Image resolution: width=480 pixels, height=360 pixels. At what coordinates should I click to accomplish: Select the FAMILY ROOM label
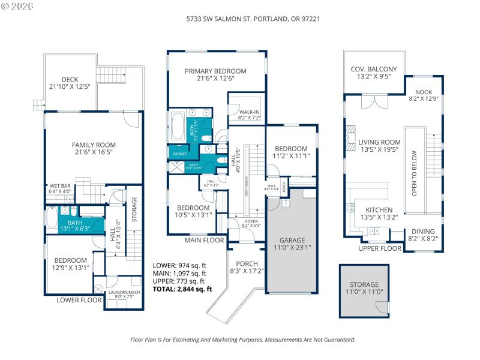[94, 145]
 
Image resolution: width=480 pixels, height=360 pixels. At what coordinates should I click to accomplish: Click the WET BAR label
[60, 186]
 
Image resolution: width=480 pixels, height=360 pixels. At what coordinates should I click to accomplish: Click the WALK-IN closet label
[249, 112]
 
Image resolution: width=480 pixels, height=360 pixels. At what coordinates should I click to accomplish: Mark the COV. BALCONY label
[370, 69]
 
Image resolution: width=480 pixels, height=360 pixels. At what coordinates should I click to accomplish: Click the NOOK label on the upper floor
[424, 92]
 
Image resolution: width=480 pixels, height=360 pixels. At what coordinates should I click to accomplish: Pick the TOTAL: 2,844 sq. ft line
[182, 289]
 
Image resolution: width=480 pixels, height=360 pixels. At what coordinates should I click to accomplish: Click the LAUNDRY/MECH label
[122, 293]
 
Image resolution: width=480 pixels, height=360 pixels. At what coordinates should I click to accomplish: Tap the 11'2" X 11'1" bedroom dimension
[291, 155]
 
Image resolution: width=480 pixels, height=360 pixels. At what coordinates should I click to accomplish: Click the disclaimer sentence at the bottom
[243, 340]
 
